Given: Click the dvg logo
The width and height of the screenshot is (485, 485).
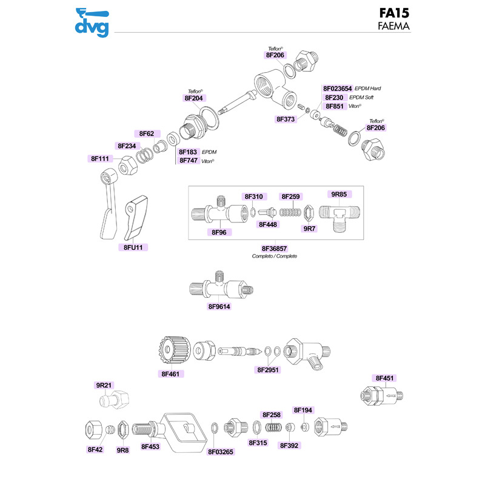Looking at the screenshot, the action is point(92,22).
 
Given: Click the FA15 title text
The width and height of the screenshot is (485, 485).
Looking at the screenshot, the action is point(394,13).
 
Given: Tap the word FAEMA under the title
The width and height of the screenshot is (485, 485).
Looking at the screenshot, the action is point(393,26).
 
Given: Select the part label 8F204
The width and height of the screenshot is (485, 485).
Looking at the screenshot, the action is point(193,98).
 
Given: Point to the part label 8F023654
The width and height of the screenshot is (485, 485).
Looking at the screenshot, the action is point(338,89).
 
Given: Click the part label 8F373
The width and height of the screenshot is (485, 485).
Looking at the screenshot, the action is point(286,119).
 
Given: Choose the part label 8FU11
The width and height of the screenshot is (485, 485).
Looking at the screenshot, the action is point(133,247).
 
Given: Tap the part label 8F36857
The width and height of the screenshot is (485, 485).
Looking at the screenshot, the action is point(275,249).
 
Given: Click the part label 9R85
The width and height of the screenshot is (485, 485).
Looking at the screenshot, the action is point(339,194).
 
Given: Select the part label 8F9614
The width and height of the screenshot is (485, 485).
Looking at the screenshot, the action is point(219,307).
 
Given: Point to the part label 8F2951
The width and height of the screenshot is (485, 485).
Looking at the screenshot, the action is point(268,370).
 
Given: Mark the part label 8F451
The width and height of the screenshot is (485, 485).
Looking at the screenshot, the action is point(384,378).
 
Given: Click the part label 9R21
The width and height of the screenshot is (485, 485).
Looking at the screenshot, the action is point(104,385).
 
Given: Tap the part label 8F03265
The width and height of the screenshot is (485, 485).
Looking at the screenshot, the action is point(221,452).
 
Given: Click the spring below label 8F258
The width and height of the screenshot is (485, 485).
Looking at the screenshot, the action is point(273,427).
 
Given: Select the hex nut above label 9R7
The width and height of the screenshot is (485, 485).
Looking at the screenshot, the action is point(309,213).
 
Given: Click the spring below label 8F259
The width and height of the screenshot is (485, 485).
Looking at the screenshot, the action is point(290,212).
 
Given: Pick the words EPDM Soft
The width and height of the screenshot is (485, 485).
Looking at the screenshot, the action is point(361,98).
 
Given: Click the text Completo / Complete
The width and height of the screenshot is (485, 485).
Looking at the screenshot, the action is point(275,256).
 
